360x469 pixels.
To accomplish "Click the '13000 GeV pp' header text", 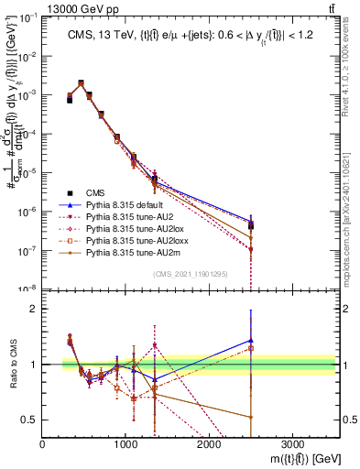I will (x=42, y=6).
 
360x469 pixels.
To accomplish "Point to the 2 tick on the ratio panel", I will (x=36, y=309).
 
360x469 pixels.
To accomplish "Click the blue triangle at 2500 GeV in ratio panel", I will (x=250, y=340).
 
